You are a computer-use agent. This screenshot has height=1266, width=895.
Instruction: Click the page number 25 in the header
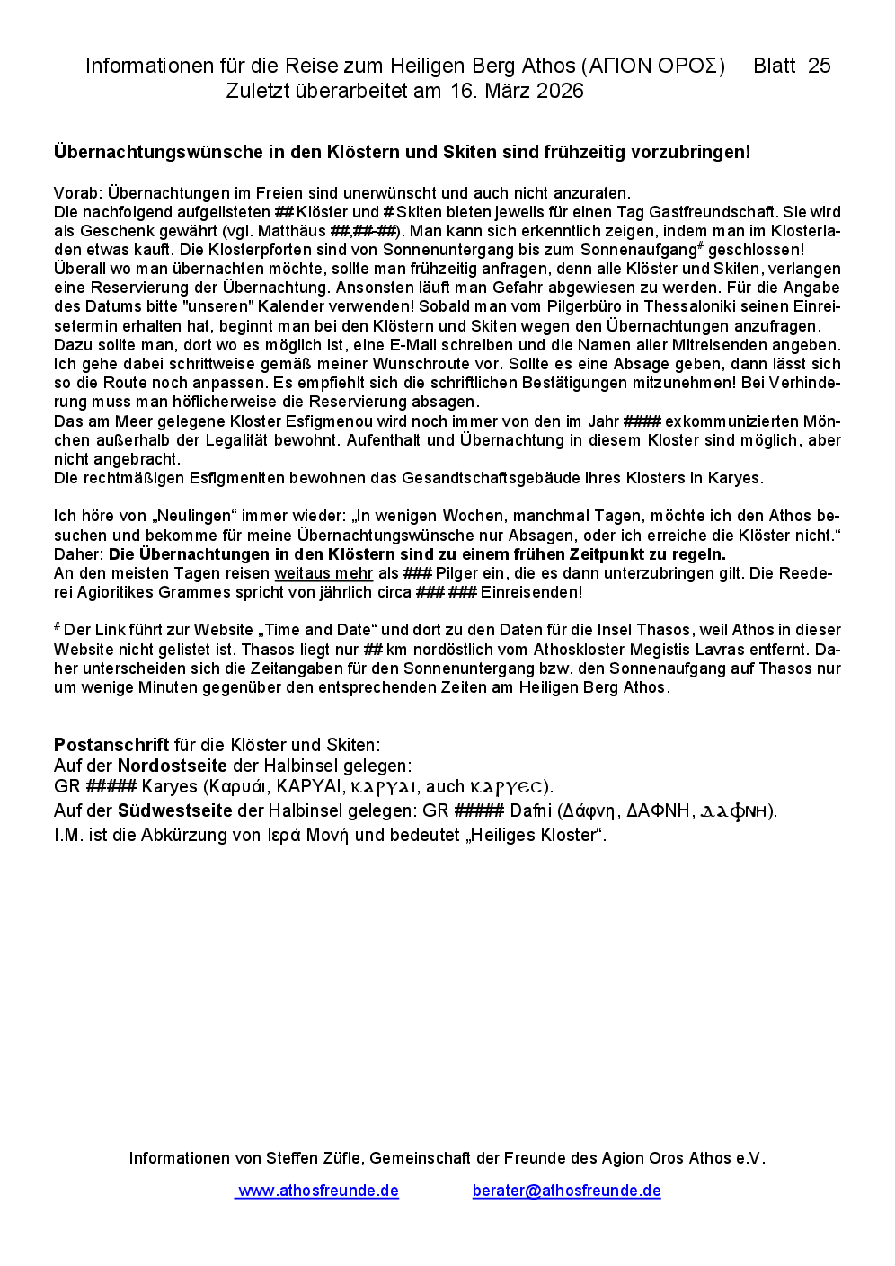(x=819, y=66)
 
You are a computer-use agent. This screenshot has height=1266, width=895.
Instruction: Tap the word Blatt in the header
(x=774, y=66)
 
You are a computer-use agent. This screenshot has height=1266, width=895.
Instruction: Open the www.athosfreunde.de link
(x=317, y=1191)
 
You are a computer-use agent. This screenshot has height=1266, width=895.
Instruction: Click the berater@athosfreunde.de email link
(x=566, y=1191)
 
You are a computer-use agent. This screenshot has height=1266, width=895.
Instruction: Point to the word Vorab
(x=76, y=193)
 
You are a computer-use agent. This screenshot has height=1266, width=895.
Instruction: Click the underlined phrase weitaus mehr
(x=323, y=573)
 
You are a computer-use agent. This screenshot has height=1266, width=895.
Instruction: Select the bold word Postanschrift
(x=111, y=745)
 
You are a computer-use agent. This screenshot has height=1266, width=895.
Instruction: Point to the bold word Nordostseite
(x=173, y=766)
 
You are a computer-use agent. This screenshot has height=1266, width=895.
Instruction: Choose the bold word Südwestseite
(x=174, y=810)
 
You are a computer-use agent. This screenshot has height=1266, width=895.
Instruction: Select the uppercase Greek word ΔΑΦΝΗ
(x=659, y=810)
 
